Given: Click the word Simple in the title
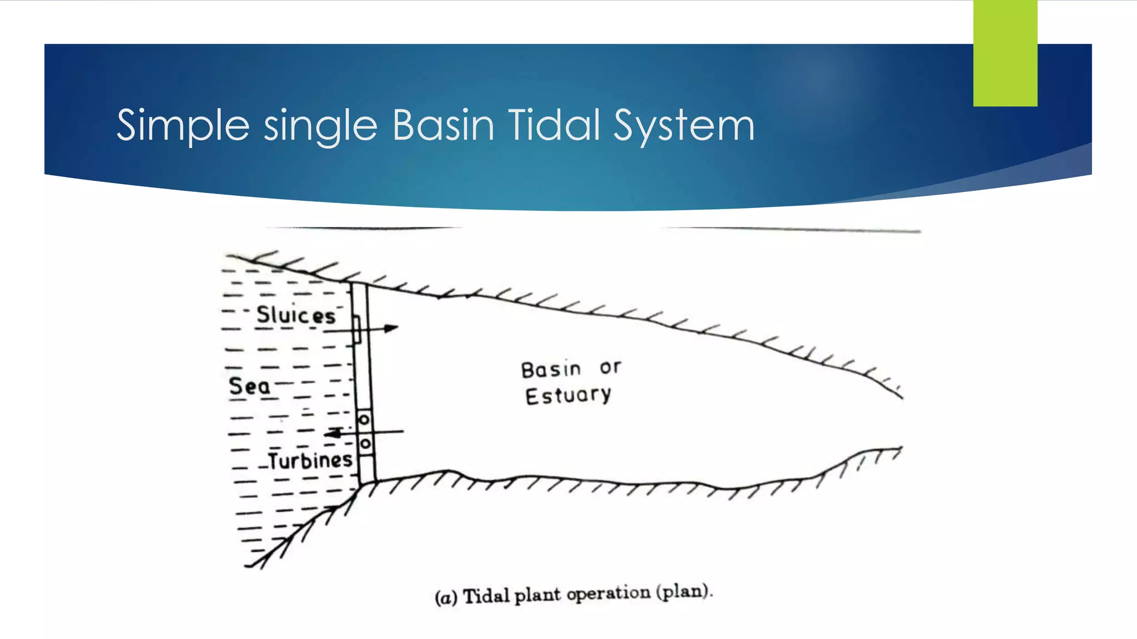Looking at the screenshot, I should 183,126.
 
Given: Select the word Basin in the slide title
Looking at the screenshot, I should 443,125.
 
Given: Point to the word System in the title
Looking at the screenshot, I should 684,126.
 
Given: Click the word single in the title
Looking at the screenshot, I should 320,126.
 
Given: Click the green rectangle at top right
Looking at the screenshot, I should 1005,53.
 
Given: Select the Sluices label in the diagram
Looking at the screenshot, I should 296,315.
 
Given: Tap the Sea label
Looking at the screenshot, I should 249,386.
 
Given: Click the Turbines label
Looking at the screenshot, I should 310,460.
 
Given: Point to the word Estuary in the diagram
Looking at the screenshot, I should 568,395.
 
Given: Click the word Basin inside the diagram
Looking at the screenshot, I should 551,369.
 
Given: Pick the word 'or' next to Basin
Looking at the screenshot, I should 610,367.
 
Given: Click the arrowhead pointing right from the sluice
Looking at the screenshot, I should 391,328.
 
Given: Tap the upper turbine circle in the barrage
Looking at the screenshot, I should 364,420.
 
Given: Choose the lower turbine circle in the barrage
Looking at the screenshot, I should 365,444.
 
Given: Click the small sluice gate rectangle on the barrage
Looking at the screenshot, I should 357,329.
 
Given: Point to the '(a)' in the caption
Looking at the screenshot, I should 446,597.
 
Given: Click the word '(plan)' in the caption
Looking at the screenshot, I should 684,591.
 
